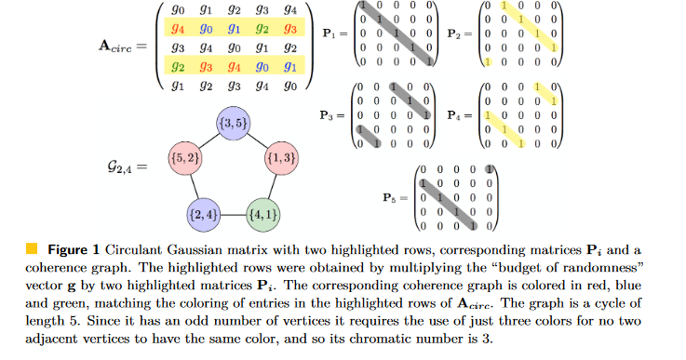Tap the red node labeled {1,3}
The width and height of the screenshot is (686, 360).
coord(281,159)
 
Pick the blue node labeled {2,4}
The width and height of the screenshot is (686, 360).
coord(203,215)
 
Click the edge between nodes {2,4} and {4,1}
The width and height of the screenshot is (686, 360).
coord(233,215)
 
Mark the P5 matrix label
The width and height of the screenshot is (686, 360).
coord(394,198)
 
